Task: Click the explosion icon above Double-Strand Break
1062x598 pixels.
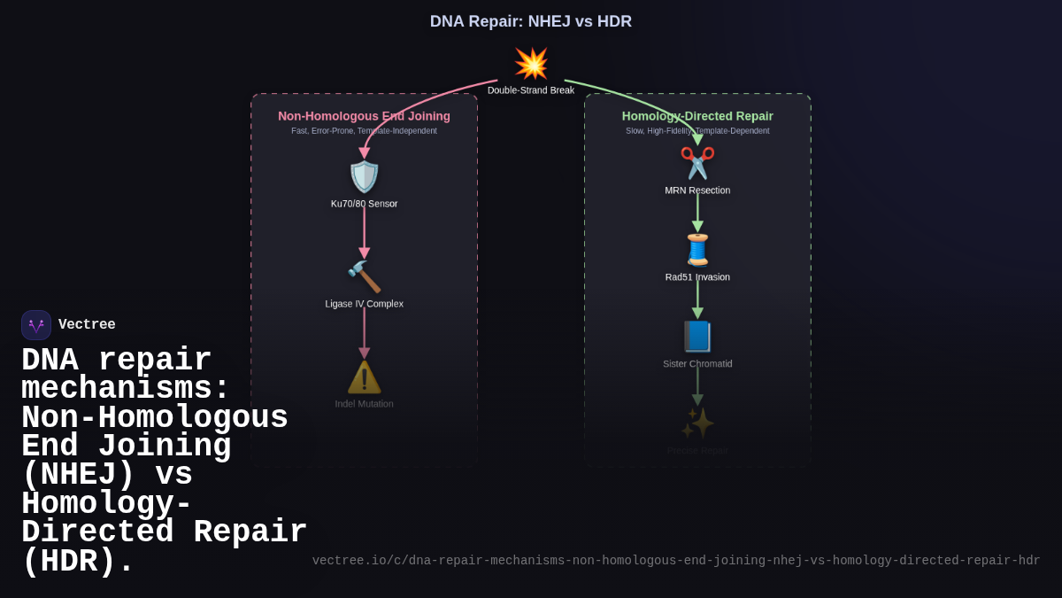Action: click(531, 64)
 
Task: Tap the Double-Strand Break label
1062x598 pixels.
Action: click(531, 90)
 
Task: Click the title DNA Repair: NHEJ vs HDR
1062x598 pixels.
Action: click(531, 21)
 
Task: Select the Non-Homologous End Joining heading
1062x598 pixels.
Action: click(364, 116)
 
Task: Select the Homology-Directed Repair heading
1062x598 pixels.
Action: click(697, 116)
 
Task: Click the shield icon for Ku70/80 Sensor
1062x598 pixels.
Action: click(364, 176)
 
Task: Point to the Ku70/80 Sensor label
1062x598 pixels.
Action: click(364, 204)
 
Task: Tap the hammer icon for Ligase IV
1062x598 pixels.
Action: click(364, 276)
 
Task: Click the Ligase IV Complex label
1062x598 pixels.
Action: click(364, 304)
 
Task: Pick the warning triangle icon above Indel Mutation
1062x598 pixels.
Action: click(364, 377)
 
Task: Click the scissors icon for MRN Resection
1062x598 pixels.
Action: click(697, 163)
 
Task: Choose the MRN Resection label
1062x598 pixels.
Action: click(697, 190)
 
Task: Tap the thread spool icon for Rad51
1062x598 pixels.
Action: click(697, 250)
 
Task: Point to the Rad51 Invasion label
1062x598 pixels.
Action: click(697, 277)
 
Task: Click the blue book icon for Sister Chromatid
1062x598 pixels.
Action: click(697, 337)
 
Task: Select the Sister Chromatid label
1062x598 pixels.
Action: click(697, 364)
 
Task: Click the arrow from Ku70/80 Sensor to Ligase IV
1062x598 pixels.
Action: click(364, 232)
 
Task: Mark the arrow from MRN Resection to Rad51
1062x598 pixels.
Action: click(697, 212)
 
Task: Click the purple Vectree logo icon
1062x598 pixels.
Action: click(36, 325)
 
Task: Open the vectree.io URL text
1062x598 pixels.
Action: click(676, 561)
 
